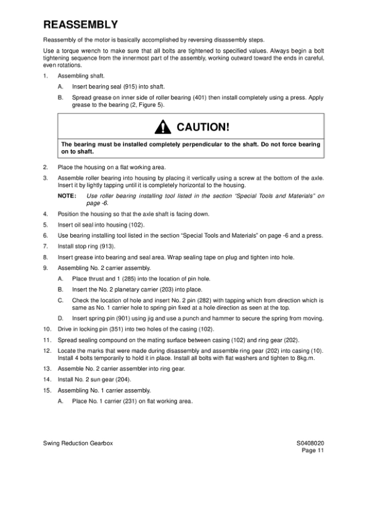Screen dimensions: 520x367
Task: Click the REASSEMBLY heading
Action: pos(80,25)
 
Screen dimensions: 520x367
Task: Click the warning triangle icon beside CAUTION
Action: pos(162,128)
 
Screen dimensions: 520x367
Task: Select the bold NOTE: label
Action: pos(67,196)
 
